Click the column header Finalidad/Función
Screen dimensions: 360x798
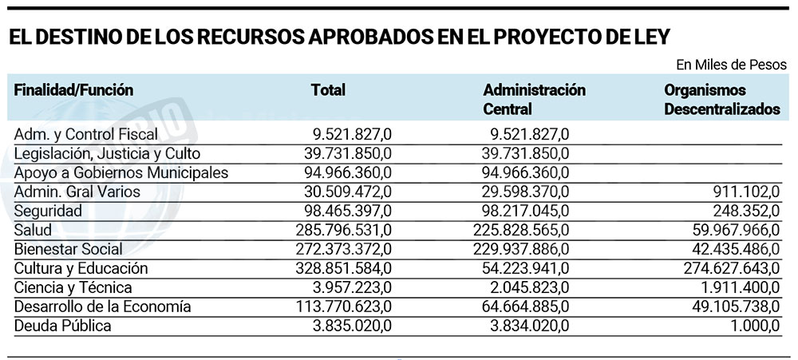click(73, 90)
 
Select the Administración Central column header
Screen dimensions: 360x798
click(534, 99)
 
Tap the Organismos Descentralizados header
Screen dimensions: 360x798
click(721, 100)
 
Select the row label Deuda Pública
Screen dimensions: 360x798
click(62, 326)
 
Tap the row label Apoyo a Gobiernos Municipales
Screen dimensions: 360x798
click(121, 172)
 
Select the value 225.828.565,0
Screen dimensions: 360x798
click(519, 230)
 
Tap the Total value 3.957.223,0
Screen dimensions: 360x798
click(348, 287)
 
